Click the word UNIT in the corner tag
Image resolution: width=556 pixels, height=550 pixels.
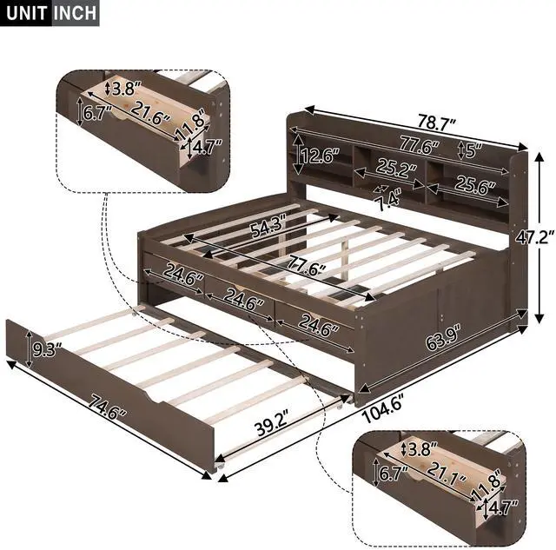(x=25, y=14)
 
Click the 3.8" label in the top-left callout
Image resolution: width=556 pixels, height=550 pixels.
(x=124, y=88)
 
